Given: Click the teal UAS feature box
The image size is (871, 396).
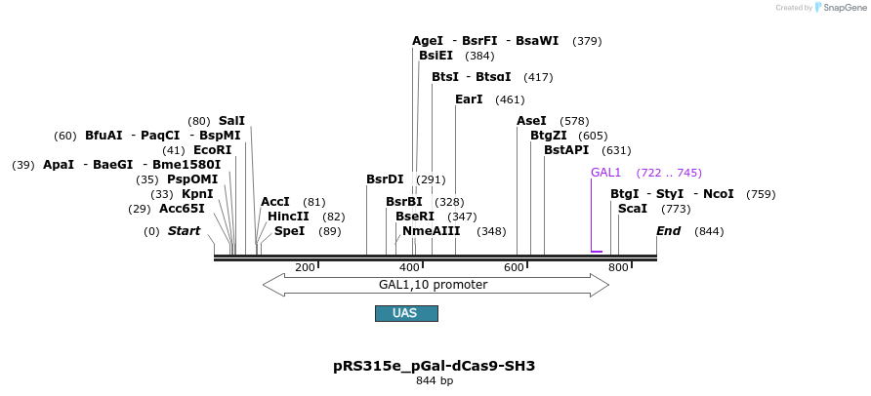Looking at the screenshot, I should click(x=406, y=313).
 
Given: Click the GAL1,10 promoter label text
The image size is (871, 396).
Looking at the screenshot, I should click(x=433, y=285).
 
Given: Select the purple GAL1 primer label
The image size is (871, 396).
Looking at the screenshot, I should click(x=605, y=173).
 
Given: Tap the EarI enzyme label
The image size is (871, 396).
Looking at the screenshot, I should click(x=469, y=99).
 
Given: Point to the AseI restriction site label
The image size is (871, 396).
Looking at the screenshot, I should click(x=531, y=121).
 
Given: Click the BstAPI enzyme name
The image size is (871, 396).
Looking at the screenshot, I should click(x=566, y=150).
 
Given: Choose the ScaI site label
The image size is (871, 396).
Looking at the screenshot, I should click(x=633, y=209).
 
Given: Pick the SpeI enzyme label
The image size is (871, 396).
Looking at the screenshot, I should click(x=289, y=231).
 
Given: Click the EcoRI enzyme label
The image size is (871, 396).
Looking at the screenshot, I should click(x=212, y=150).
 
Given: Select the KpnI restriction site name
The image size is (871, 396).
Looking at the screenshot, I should click(x=197, y=194).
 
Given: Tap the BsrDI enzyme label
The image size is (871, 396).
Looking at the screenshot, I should click(x=385, y=179).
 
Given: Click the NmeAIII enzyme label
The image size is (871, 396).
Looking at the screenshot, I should click(x=431, y=231).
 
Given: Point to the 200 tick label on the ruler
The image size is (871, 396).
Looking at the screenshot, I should click(x=305, y=267).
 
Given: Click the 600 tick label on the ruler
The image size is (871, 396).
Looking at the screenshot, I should click(x=514, y=267).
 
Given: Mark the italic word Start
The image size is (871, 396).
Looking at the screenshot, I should click(x=184, y=231).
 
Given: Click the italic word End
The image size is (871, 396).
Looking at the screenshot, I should click(x=668, y=231).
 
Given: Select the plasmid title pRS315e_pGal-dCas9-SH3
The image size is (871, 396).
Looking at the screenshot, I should click(x=434, y=366).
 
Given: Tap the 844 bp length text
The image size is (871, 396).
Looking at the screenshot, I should click(x=434, y=380).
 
